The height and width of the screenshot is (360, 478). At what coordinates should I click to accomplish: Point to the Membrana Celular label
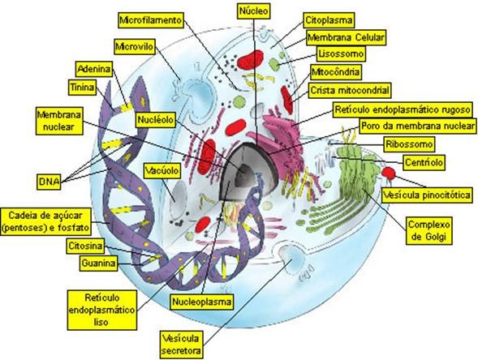tap(346, 37)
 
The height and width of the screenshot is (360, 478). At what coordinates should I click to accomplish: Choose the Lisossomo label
tap(338, 54)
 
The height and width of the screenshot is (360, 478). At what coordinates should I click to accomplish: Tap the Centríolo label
tap(423, 163)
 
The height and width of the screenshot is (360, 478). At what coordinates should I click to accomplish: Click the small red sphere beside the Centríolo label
tap(390, 172)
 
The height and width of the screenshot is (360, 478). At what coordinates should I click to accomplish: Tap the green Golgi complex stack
tap(353, 174)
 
